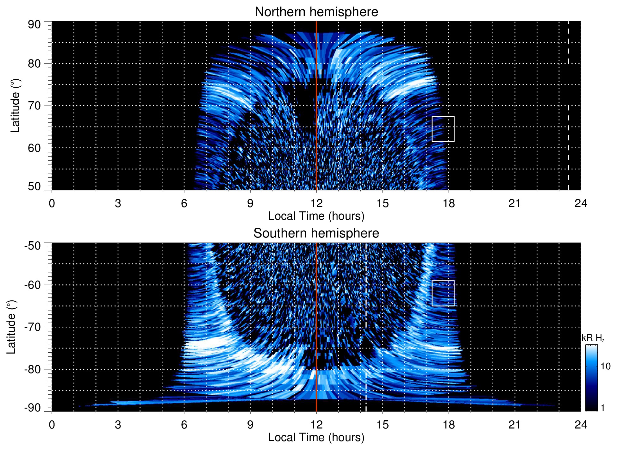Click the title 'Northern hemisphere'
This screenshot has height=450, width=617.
[x=316, y=12]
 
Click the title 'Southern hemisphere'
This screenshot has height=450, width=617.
[x=316, y=233]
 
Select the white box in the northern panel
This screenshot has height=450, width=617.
[x=443, y=129]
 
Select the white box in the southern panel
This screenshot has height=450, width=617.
[x=443, y=293]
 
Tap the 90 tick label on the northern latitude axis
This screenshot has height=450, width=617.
[x=34, y=25]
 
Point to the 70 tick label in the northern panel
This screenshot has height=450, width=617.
[x=34, y=106]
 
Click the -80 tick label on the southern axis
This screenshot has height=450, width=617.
[x=33, y=369]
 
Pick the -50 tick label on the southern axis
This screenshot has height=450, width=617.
[x=33, y=246]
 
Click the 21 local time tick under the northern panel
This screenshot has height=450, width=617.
[x=514, y=203]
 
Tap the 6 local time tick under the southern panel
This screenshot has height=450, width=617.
[x=184, y=425]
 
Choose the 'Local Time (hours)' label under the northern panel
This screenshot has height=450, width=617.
[x=316, y=216]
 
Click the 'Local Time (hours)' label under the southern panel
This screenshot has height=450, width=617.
[x=316, y=437]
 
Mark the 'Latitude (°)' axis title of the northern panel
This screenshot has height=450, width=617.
[x=15, y=106]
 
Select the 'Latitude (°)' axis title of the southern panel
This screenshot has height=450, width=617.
[x=11, y=327]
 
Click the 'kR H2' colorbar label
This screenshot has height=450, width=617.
[x=593, y=338]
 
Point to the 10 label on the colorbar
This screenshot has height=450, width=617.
[x=605, y=367]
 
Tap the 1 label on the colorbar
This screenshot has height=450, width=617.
[x=602, y=408]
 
